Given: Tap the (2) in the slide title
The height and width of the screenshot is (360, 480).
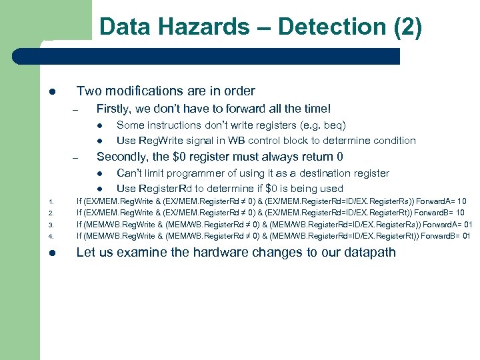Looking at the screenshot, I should (407, 27).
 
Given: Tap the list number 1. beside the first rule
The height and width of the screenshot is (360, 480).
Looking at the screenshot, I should (51, 201).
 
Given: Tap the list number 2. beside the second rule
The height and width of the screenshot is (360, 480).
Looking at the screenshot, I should (51, 213).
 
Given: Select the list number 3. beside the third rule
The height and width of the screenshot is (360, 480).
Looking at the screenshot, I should (51, 225).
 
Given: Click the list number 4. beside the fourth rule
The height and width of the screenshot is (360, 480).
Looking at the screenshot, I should (51, 237).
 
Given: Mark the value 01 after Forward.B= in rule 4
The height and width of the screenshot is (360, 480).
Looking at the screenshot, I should (465, 236).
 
